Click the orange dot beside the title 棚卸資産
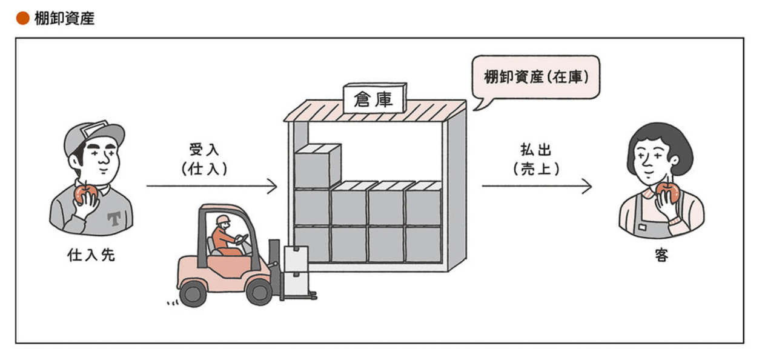coord(22,18)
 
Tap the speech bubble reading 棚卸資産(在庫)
coord(535,78)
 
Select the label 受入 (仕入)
coord(205,159)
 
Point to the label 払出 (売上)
coord(536,159)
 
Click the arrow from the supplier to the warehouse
coord(211,186)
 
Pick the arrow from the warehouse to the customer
coord(536,186)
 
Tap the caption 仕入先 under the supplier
coord(91,255)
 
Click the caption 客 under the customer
coord(661,255)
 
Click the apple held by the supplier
coord(85,193)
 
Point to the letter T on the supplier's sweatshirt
coord(113,218)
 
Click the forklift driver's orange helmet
coord(223,219)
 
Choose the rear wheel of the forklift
coord(193,293)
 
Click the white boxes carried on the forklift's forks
coord(296,267)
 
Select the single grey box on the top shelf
coord(316,165)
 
